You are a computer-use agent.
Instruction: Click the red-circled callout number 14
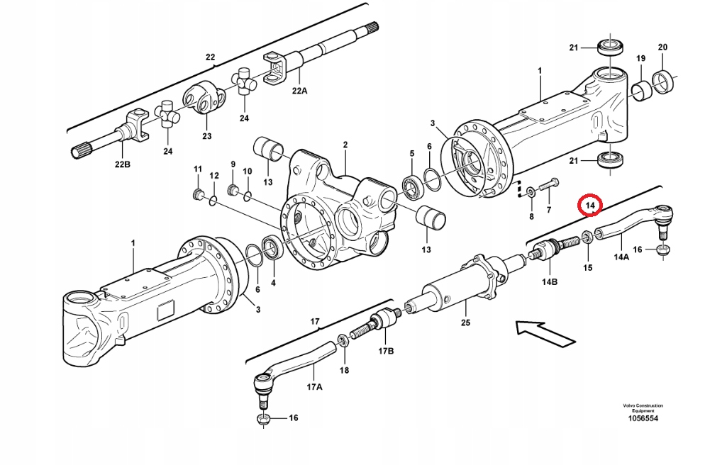pos(589,205)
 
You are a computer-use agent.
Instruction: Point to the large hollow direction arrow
pos(543,332)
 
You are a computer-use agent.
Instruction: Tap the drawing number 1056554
pos(642,419)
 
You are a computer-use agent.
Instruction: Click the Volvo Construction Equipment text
pos(643,408)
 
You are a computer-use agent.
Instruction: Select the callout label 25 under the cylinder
pos(465,323)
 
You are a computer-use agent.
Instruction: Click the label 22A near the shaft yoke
pos(299,91)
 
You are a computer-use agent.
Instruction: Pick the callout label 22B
pos(123,164)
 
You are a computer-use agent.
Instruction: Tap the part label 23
pos(207,136)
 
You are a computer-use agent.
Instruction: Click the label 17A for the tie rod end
pos(313,387)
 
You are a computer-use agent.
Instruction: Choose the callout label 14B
pos(550,282)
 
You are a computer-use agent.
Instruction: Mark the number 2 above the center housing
pos(345,145)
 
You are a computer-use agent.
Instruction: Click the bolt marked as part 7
pos(547,187)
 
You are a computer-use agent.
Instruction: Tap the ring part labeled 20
pos(667,83)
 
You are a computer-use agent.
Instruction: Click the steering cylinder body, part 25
pos(454,287)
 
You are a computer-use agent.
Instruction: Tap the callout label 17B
pos(385,351)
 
